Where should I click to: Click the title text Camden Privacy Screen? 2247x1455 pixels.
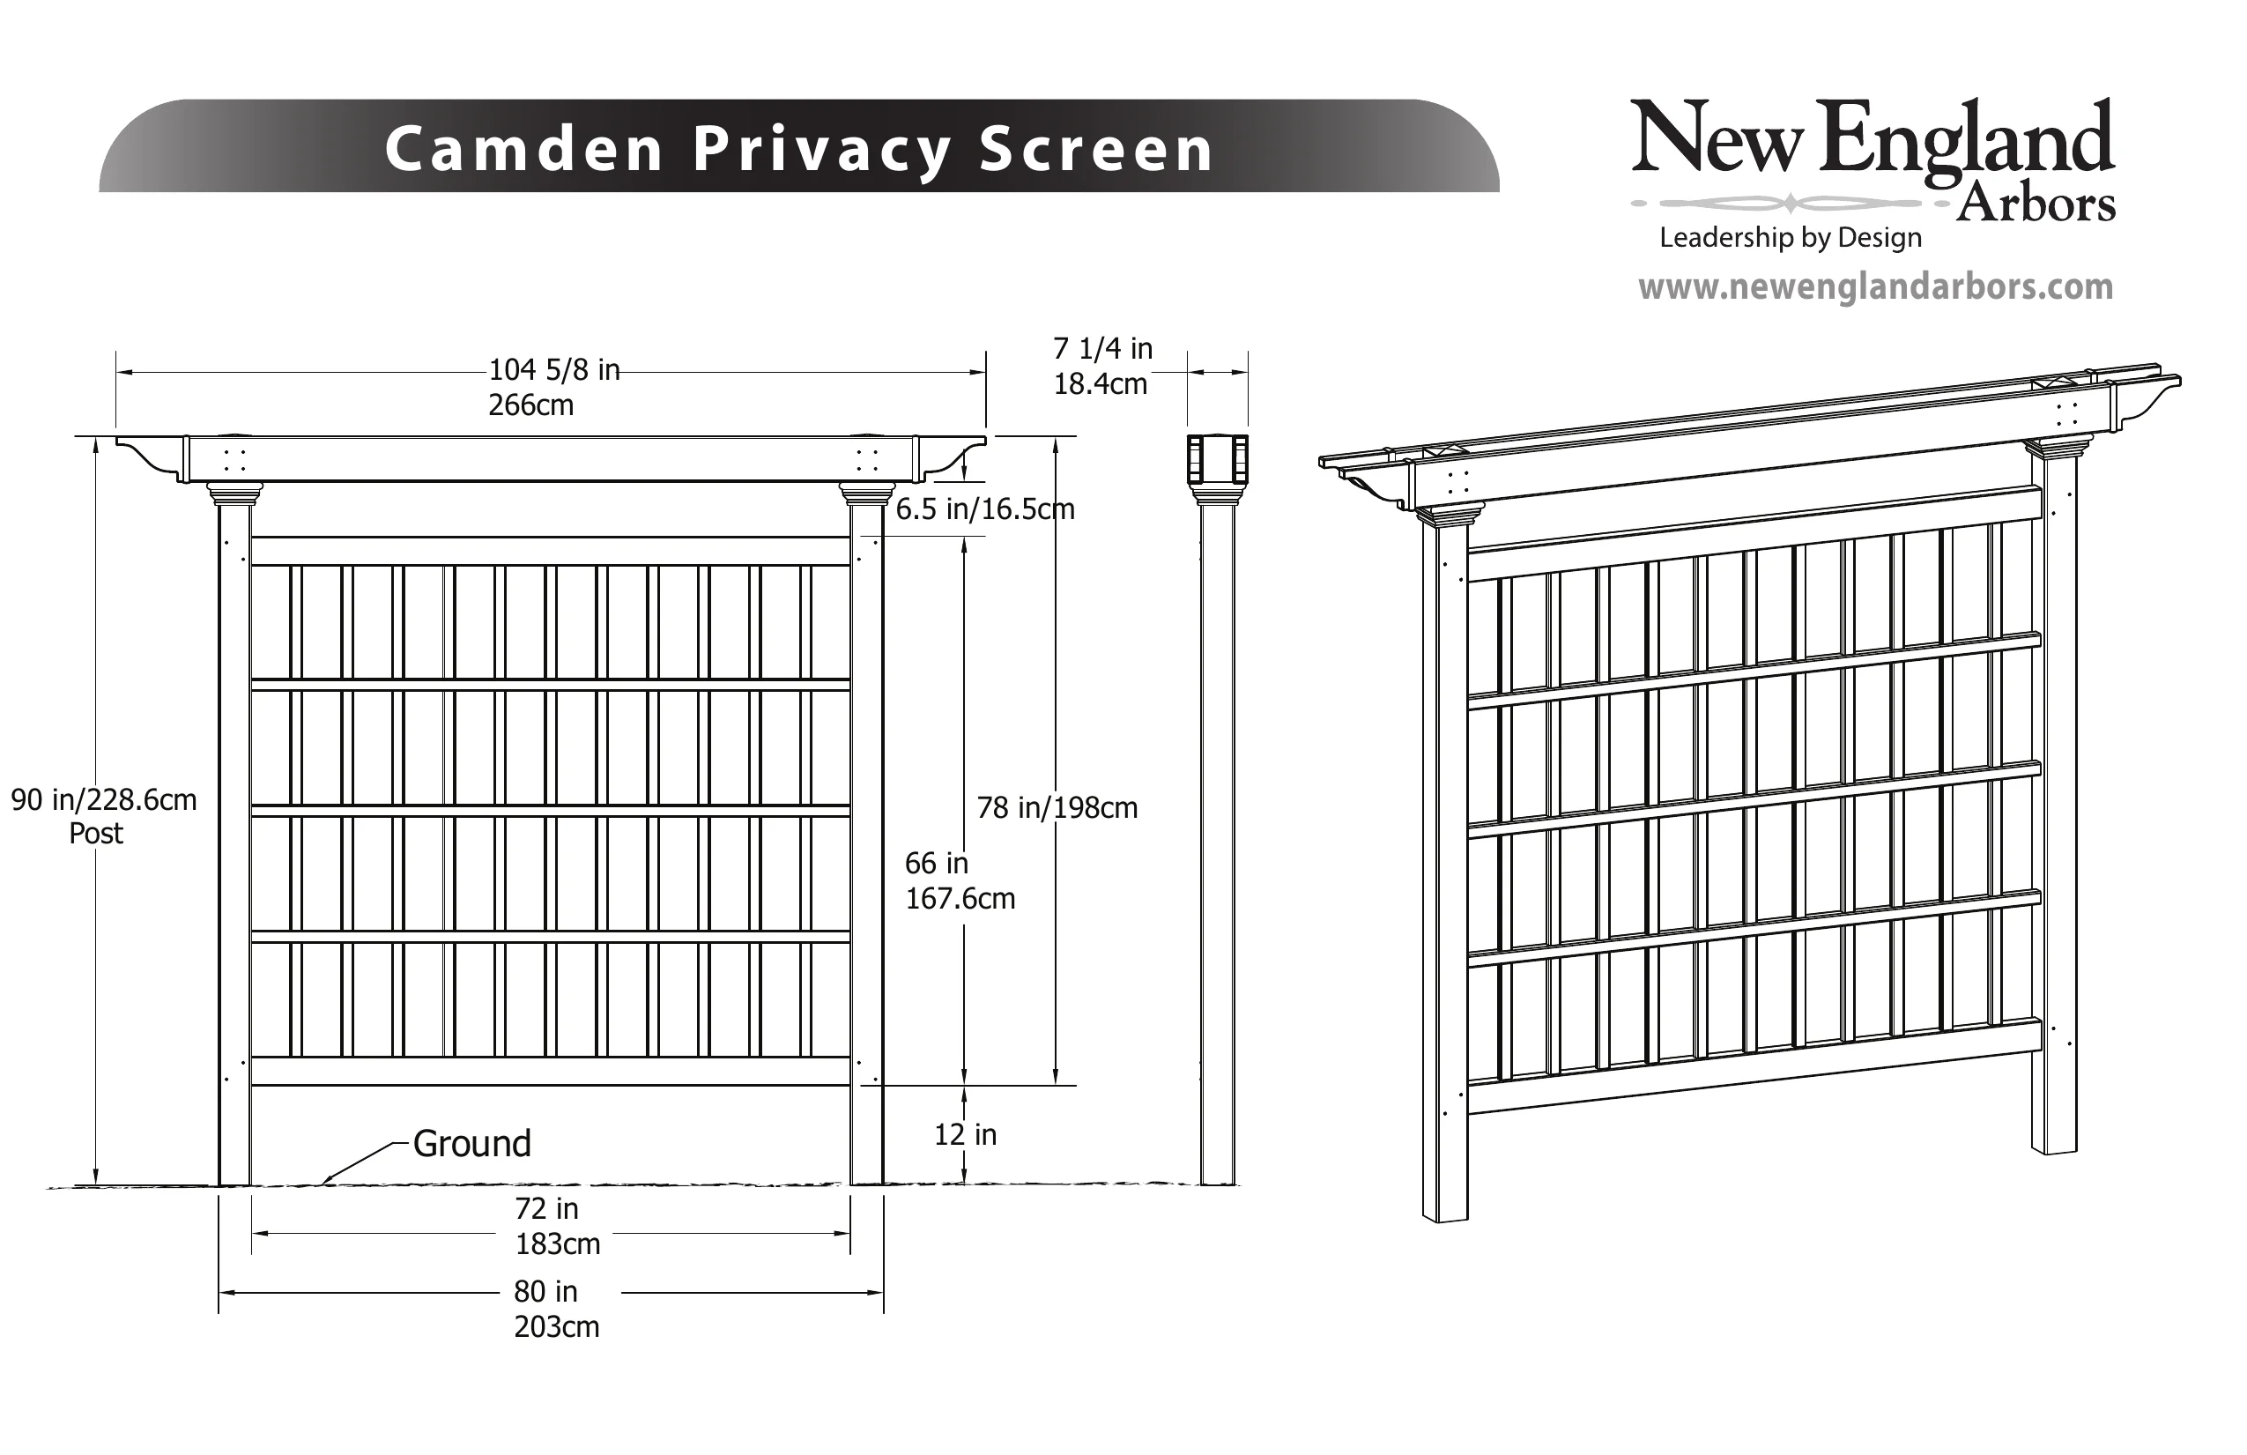(798, 149)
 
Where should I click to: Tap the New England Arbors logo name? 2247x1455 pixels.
(1873, 160)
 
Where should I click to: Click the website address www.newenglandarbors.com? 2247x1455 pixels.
(1875, 286)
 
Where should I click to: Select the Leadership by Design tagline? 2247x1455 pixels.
(1790, 237)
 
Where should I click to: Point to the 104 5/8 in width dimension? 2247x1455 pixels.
(553, 369)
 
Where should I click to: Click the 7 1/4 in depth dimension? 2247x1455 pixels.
(1102, 348)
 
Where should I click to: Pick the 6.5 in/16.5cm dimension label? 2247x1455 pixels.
(985, 509)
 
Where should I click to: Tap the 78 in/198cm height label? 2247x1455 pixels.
(1057, 807)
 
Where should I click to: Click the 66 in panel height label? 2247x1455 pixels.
(937, 862)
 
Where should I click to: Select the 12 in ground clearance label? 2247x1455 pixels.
(965, 1134)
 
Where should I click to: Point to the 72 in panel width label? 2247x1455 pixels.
(546, 1207)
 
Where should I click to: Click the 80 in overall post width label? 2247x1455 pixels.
(545, 1291)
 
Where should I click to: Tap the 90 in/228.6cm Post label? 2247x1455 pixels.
(103, 816)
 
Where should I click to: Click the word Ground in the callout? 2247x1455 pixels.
(472, 1143)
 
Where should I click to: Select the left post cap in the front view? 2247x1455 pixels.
(234, 493)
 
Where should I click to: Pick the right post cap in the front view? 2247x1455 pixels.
(867, 493)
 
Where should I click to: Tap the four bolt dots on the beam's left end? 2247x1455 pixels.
(234, 460)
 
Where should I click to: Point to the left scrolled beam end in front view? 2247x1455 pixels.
(149, 457)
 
